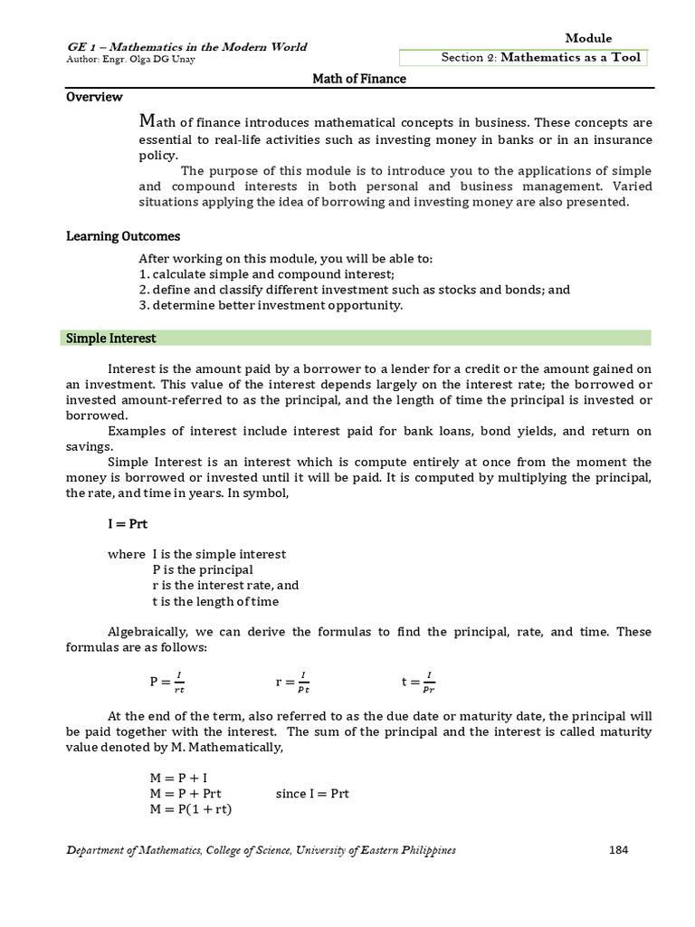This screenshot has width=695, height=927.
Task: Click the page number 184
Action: click(618, 850)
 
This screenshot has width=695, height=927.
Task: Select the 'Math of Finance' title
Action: click(359, 79)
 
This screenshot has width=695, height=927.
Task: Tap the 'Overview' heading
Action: click(93, 97)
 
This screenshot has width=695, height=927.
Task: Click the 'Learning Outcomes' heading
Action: click(123, 236)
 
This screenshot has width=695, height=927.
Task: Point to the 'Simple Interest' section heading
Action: click(109, 338)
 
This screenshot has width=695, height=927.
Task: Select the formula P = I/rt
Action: click(167, 682)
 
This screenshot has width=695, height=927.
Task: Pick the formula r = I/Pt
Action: click(292, 682)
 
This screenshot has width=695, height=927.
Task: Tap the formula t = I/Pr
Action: click(418, 682)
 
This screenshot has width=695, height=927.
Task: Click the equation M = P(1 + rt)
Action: click(191, 809)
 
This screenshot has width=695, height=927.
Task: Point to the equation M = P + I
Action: click(179, 778)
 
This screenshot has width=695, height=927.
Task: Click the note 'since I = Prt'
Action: click(312, 794)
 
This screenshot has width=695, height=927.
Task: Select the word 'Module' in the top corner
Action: click(588, 38)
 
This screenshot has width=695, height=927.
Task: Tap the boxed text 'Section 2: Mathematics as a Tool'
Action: click(540, 58)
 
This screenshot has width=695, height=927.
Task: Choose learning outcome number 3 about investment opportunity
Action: click(271, 305)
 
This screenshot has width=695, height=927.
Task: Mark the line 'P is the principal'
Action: click(203, 569)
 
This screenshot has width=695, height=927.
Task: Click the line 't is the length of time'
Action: click(215, 601)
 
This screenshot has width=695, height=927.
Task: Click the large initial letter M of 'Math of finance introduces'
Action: click(146, 121)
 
